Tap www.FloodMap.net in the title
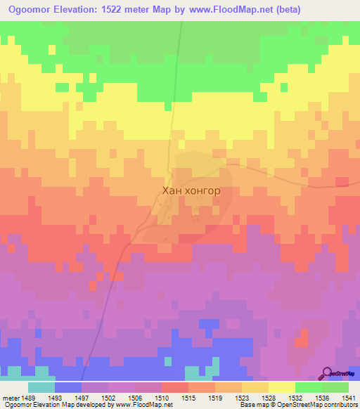[236, 10]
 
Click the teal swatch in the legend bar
[41, 387]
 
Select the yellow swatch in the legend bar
[281, 387]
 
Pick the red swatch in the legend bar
[174, 387]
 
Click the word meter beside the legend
[12, 398]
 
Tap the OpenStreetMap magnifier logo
[327, 372]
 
